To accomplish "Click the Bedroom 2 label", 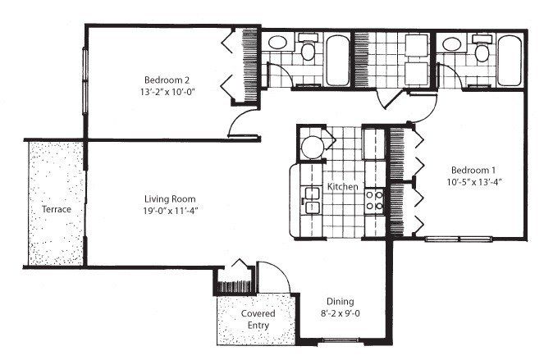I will (167, 80).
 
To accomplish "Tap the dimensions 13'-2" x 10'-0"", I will (168, 92).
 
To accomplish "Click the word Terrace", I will (56, 210).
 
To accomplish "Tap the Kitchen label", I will (343, 188).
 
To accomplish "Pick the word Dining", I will (340, 300).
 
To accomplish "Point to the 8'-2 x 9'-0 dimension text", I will (340, 312).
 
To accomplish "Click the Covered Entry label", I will (258, 321).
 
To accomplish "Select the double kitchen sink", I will (312, 200).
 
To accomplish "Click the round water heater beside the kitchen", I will (313, 147).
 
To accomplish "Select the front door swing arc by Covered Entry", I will (272, 273).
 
